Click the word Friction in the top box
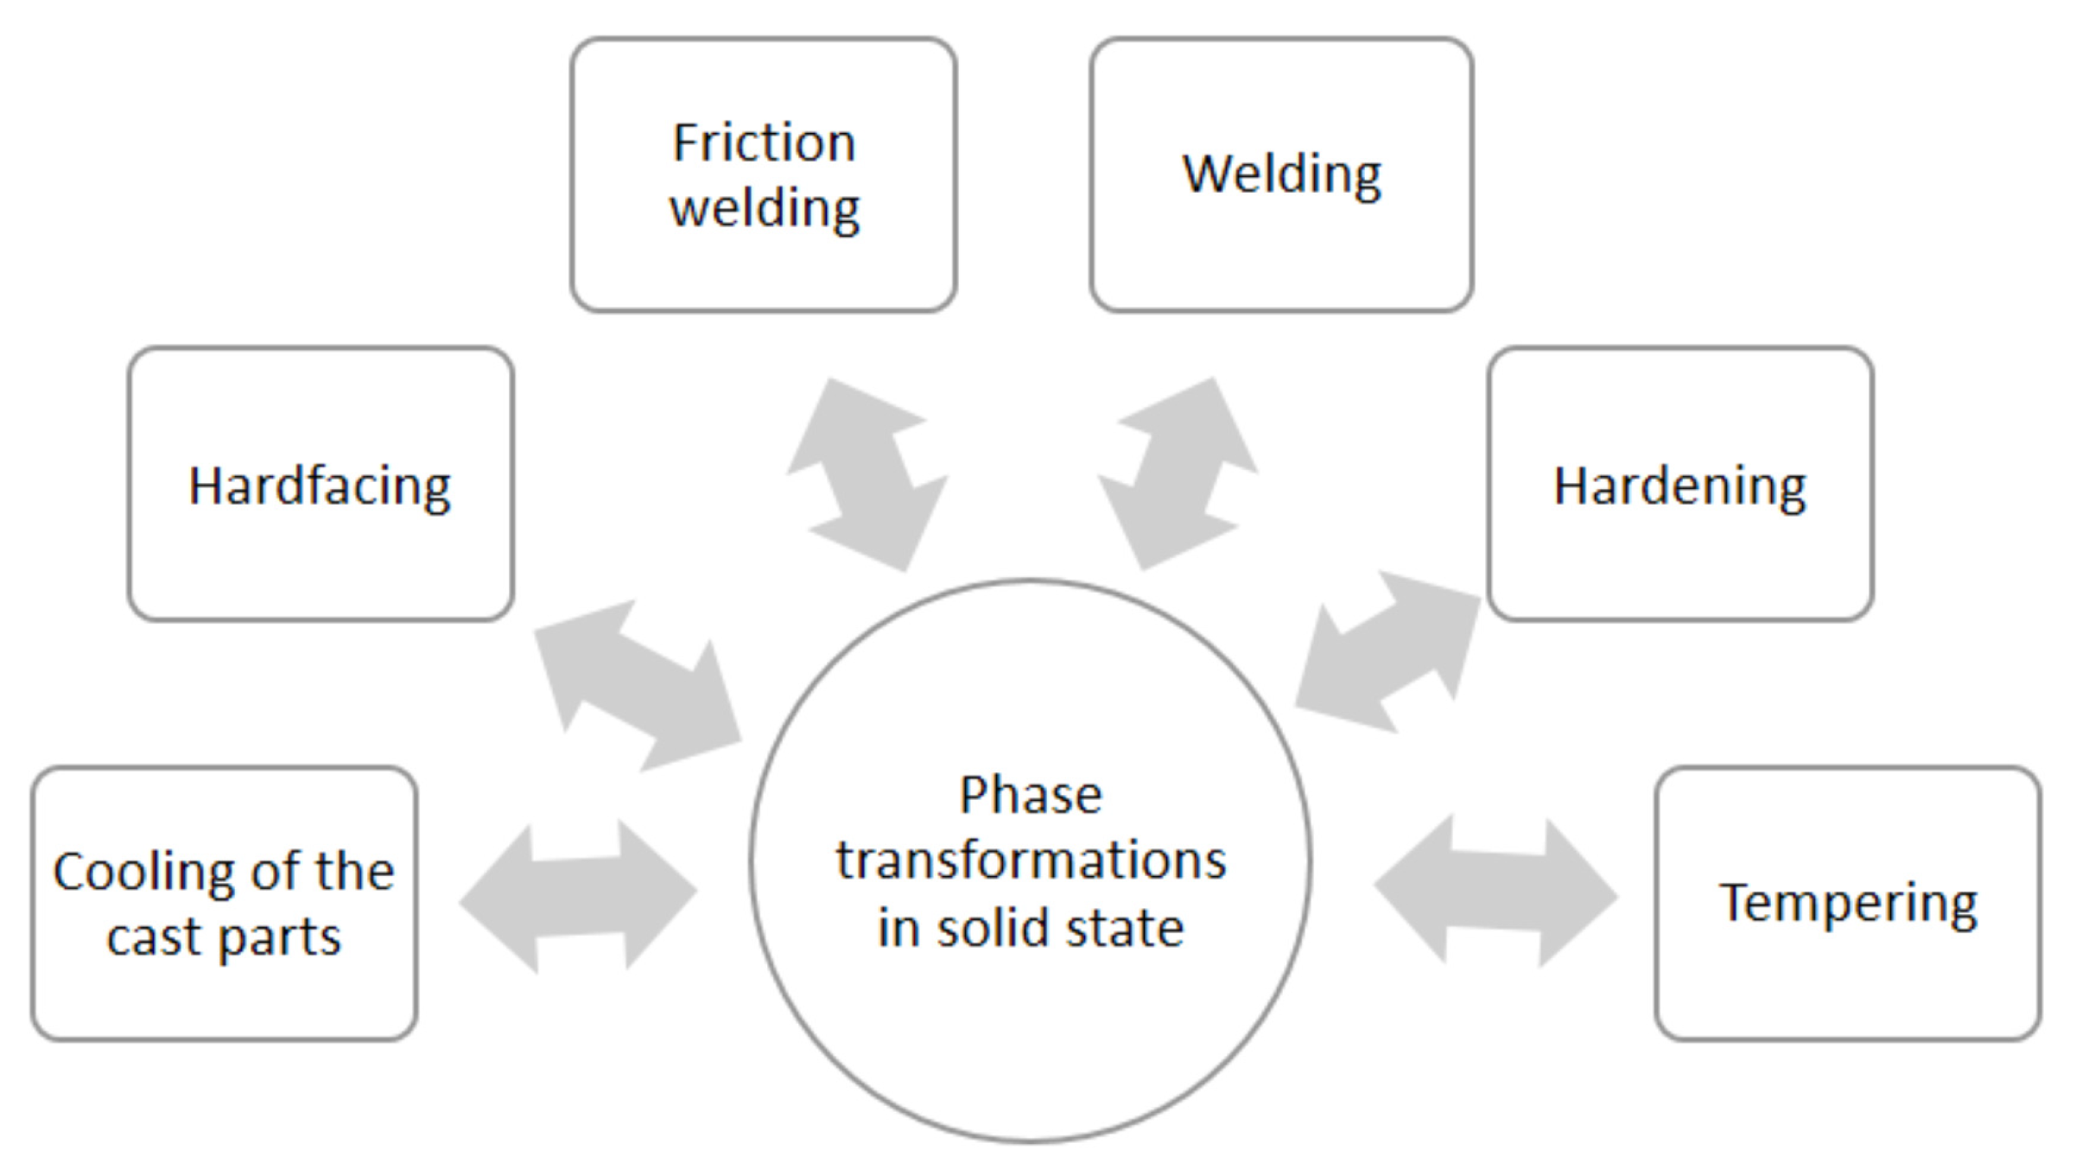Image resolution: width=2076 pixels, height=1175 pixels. tap(764, 143)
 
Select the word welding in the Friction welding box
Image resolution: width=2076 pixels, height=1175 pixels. tap(764, 209)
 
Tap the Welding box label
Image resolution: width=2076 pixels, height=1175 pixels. tap(1281, 175)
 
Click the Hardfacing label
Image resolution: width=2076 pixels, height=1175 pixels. tap(320, 486)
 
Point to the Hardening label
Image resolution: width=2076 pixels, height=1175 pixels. tap(1679, 486)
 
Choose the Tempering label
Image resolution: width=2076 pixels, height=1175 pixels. tap(1848, 903)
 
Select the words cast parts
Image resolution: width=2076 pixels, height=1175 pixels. tap(224, 937)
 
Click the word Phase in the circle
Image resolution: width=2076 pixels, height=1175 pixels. tap(1031, 795)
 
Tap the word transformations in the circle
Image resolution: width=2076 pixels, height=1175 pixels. tap(1031, 861)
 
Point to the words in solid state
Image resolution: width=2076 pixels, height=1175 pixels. tap(1031, 928)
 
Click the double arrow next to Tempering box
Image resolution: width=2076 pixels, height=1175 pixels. tap(1495, 892)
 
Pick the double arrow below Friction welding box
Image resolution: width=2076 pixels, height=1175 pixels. tap(867, 474)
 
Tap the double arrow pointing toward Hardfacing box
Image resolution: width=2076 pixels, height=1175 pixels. tap(638, 686)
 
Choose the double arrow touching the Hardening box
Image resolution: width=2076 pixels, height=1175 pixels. tap(1387, 653)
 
